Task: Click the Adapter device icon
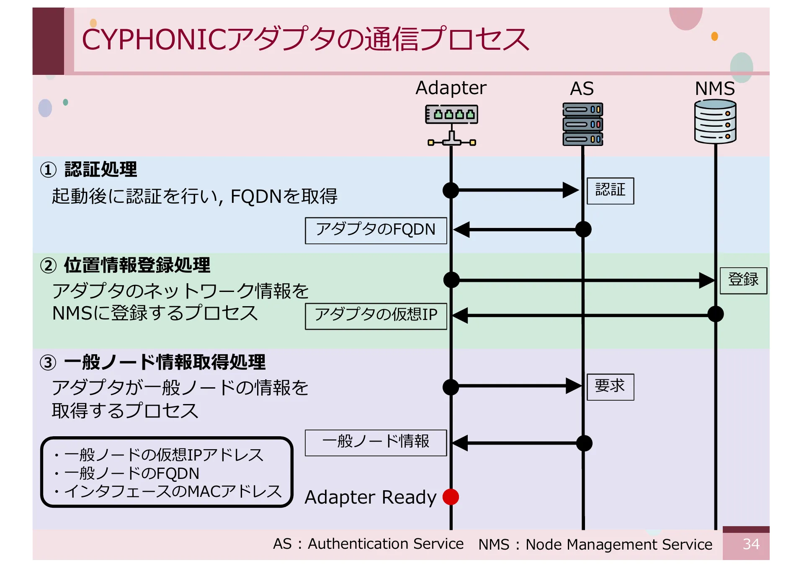coord(451,124)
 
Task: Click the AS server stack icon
coord(582,124)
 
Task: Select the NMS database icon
coord(715,122)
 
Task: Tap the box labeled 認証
coord(610,191)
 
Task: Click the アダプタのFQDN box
coord(376,230)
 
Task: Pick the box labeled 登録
coord(743,280)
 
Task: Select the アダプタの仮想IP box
coord(376,316)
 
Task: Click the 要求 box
coord(610,386)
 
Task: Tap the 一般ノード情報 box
coord(376,443)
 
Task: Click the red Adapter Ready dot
coord(451,496)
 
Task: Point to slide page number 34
coord(750,544)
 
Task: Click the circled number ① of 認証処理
coord(48,170)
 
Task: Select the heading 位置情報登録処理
coord(137,265)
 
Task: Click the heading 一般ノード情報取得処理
coord(165,362)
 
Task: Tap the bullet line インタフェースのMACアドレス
coord(173,491)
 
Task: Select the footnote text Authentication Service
coord(385,544)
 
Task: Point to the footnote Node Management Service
coord(618,544)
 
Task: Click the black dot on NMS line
coord(715,314)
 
